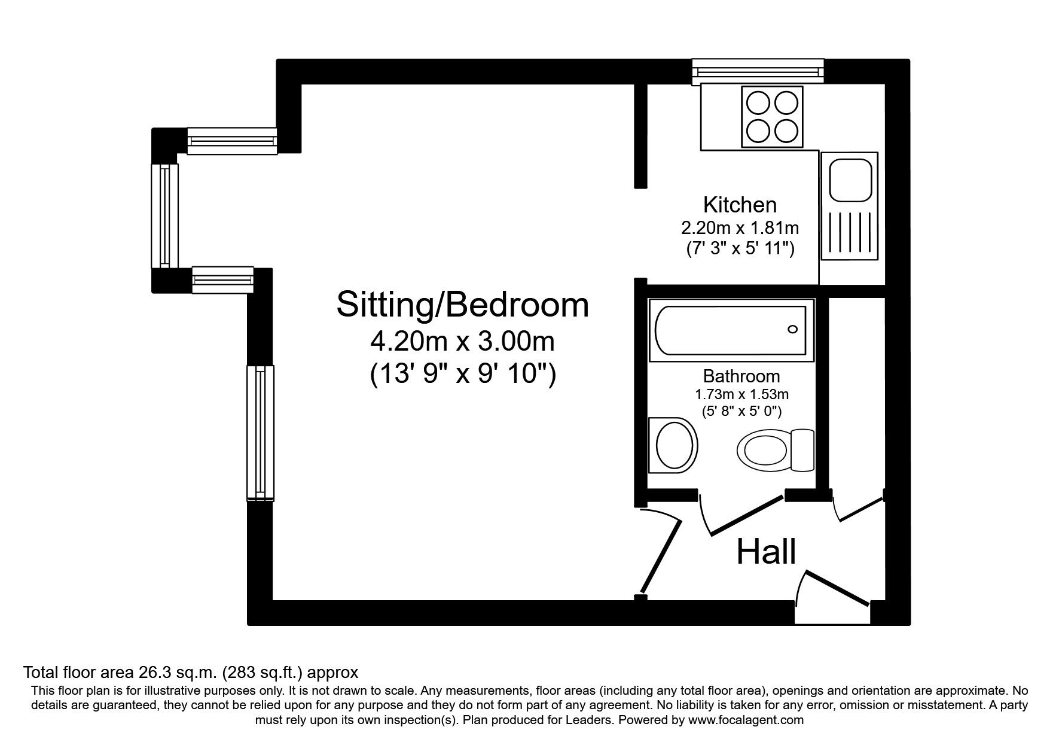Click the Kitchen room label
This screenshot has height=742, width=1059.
pos(740,205)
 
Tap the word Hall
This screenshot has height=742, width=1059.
pos(766,551)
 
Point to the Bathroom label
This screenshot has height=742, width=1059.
pos(741,376)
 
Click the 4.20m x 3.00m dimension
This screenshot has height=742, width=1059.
pos(463,342)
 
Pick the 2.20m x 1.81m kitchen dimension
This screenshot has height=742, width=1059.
pos(740,228)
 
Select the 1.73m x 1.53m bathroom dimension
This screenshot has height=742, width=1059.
pos(741,394)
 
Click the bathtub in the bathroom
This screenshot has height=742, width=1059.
pos(731,330)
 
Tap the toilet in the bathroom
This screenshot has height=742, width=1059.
pos(776,450)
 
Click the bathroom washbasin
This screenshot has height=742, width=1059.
pos(674,446)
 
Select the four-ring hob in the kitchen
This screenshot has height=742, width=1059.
pos(772,116)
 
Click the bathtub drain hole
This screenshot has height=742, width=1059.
pos(793,329)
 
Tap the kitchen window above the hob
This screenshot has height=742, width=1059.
pos(758,72)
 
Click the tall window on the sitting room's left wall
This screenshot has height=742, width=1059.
pos(261,431)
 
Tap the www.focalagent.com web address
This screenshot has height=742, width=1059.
pos(746,720)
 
